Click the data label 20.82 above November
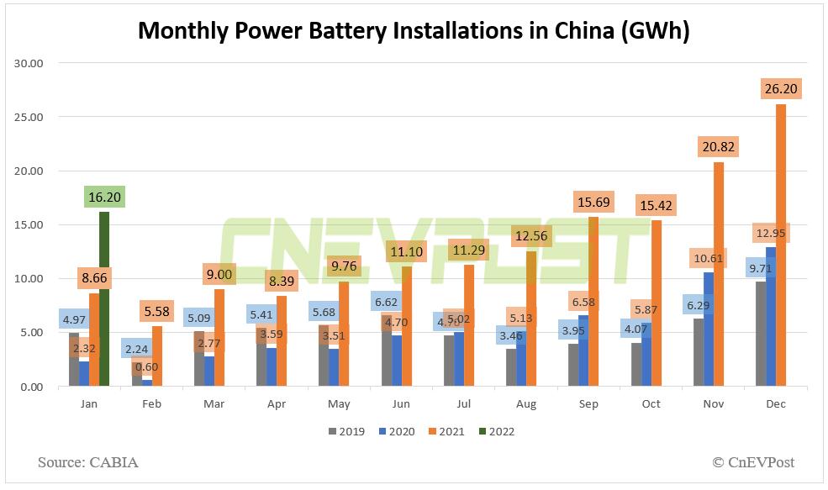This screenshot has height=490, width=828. [x=715, y=147]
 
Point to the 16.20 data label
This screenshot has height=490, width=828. [x=105, y=197]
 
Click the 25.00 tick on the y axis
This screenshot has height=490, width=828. [x=37, y=117]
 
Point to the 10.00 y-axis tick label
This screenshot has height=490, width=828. [x=37, y=279]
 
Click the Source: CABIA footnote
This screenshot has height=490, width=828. [x=87, y=462]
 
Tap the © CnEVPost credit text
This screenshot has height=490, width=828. [x=752, y=462]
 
